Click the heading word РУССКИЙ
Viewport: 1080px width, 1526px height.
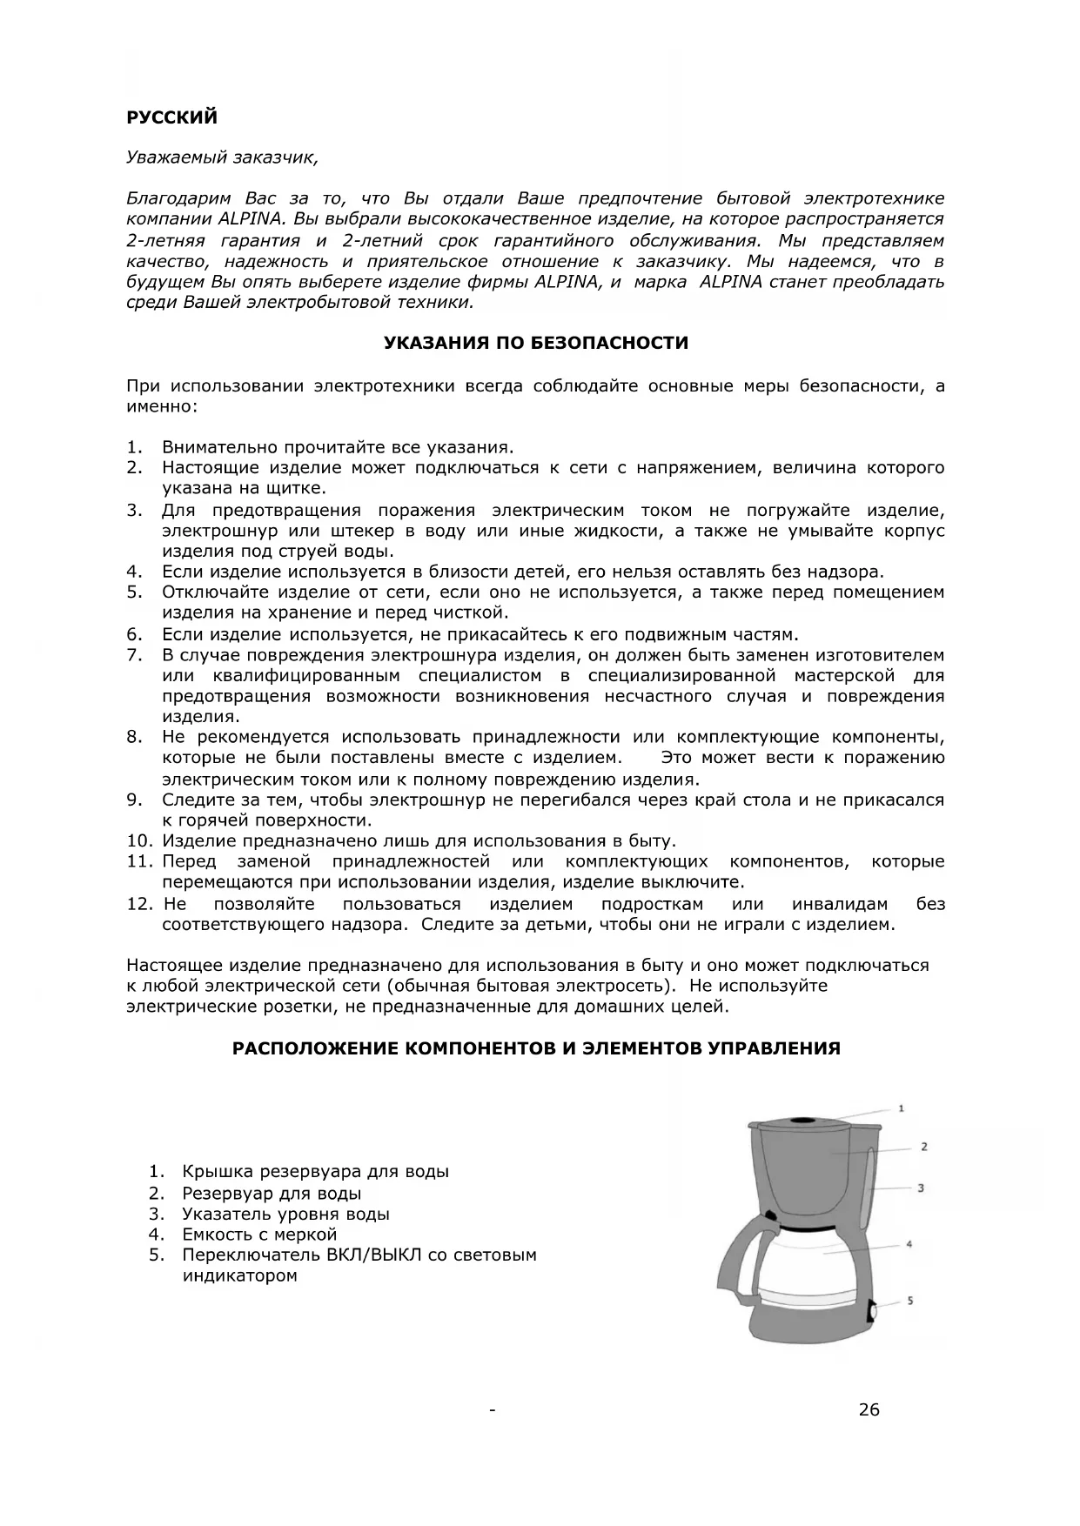(x=171, y=117)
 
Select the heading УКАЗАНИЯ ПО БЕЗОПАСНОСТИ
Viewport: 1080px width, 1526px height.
(x=536, y=343)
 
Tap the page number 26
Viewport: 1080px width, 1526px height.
(x=869, y=1410)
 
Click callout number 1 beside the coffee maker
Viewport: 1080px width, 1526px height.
(x=901, y=1108)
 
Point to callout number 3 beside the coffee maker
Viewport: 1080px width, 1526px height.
(x=920, y=1188)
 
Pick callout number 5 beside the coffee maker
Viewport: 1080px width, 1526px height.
(x=909, y=1301)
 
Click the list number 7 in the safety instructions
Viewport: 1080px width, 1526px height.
(x=134, y=655)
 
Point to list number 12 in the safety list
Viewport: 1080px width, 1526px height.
(x=139, y=904)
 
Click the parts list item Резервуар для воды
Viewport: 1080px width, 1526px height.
(x=272, y=1194)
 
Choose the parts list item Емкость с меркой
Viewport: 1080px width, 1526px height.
(x=258, y=1235)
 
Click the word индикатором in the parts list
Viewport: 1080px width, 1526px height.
(x=239, y=1276)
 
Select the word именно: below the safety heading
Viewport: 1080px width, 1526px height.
(x=162, y=406)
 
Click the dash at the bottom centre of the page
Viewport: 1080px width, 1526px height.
(x=493, y=1410)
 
